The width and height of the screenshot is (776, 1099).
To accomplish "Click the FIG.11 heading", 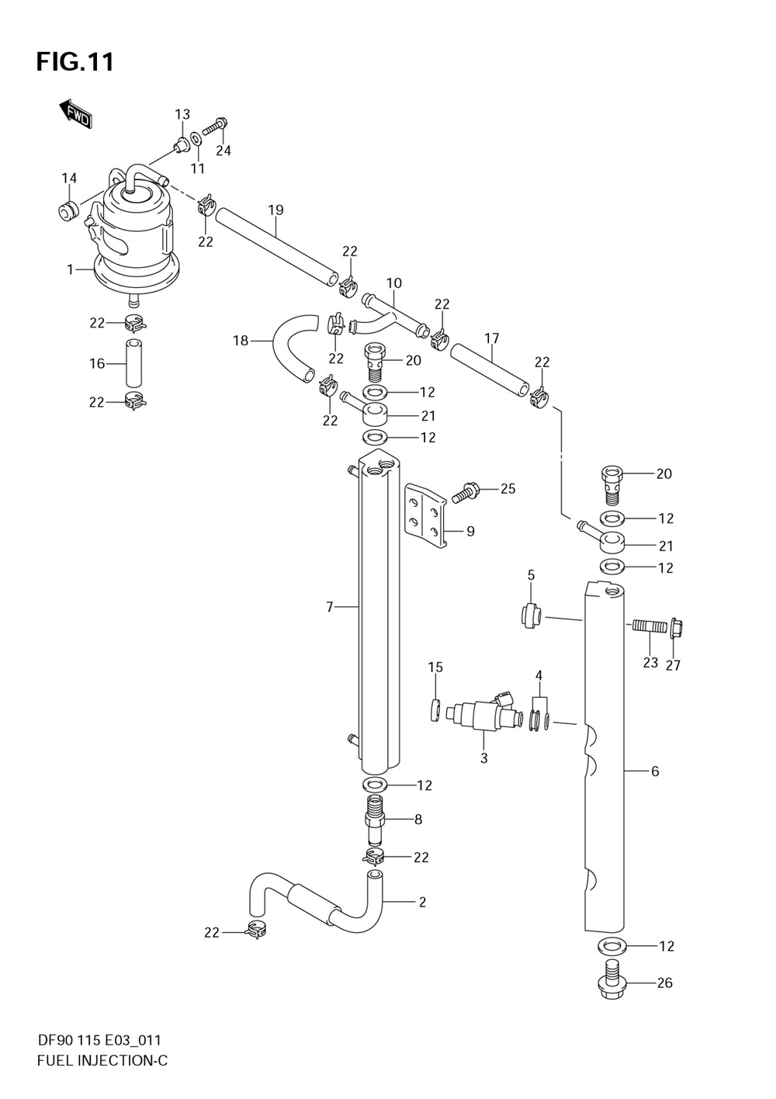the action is point(74,62).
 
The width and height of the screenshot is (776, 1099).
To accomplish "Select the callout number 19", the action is point(275,210).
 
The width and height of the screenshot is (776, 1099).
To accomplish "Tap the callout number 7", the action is point(330,607).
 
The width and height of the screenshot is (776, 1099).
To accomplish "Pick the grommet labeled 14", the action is point(68,212).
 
